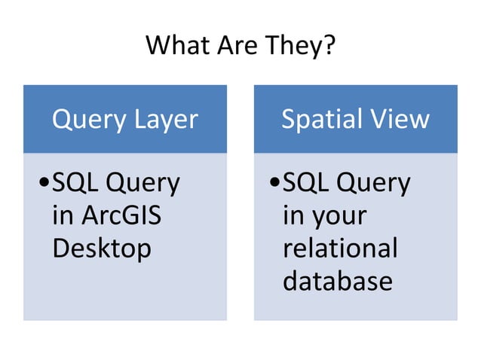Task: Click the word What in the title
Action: [x=177, y=46]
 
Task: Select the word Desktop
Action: [x=102, y=249]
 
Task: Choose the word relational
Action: [x=339, y=249]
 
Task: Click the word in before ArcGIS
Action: [x=63, y=216]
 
